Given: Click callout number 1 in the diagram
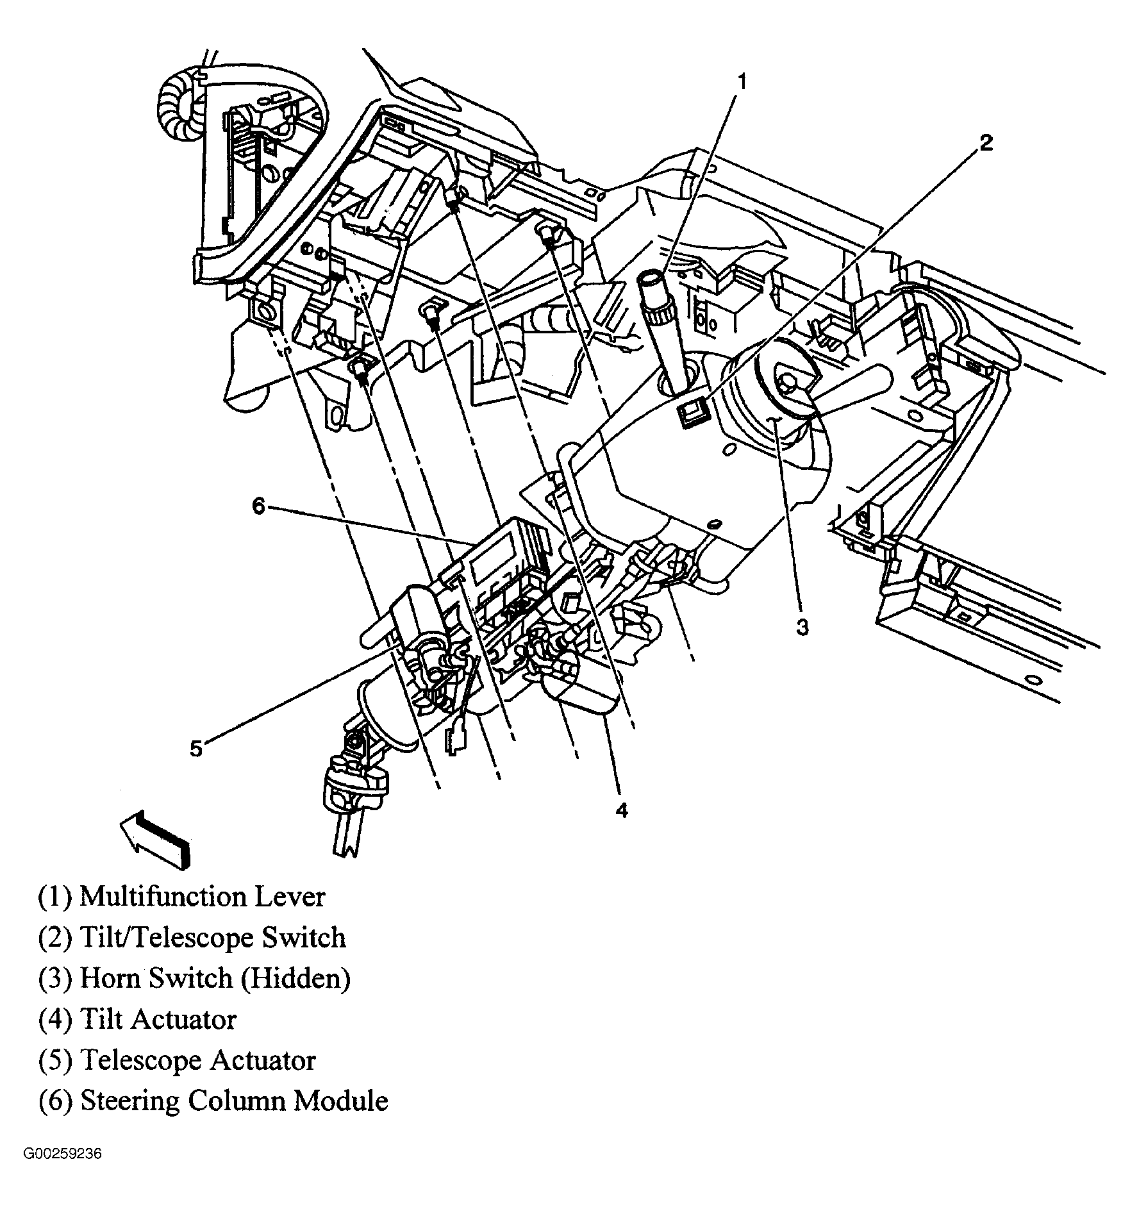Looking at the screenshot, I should coord(742,82).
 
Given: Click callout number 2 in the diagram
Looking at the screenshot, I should coord(986,142).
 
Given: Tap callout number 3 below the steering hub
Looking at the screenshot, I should coord(802,626).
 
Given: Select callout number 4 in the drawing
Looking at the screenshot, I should coord(621,810).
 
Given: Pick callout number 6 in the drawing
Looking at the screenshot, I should coord(258,506).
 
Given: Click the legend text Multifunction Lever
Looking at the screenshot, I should coord(202,896).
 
